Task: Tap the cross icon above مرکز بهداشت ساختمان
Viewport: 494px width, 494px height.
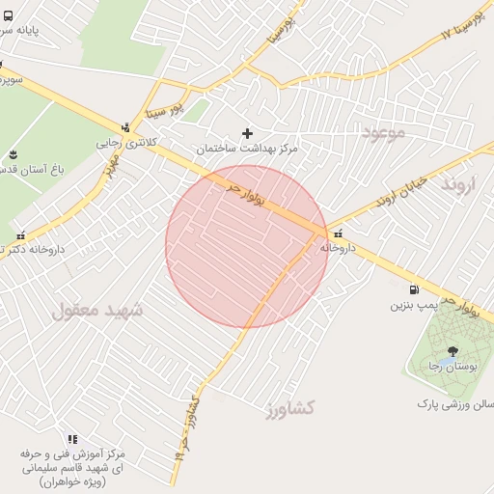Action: point(248,132)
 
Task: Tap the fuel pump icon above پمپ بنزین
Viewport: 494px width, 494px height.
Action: point(414,288)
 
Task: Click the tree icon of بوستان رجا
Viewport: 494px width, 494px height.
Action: point(453,350)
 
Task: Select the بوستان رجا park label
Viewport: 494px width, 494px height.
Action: point(453,368)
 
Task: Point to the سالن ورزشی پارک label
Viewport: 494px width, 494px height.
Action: point(453,402)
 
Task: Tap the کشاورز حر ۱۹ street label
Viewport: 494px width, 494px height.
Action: point(190,425)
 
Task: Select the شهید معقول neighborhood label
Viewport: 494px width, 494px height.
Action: point(97,311)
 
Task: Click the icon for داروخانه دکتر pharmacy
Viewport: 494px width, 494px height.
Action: point(21,234)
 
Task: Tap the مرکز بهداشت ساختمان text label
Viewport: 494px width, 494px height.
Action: point(248,149)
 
